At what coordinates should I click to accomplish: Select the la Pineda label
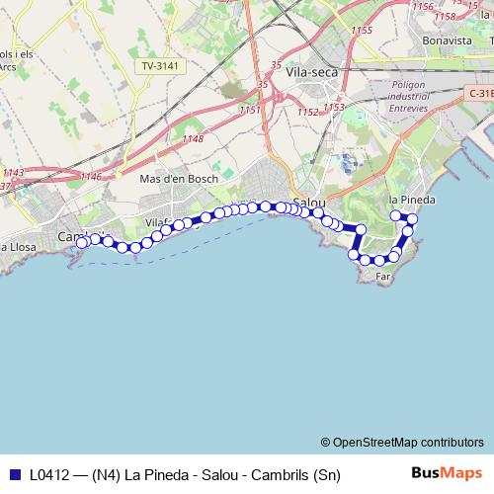point(412,200)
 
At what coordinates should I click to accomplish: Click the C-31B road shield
point(479,93)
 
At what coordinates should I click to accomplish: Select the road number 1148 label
point(193,139)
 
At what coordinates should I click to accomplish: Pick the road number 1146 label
point(91,177)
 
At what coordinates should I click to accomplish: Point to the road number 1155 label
point(361,32)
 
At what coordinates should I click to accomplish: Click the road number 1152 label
point(307,113)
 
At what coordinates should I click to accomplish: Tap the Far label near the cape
point(384,278)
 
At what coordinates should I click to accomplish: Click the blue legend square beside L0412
point(12,475)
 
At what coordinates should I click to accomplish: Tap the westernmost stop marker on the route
point(82,241)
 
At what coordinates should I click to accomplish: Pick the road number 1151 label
point(249,110)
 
